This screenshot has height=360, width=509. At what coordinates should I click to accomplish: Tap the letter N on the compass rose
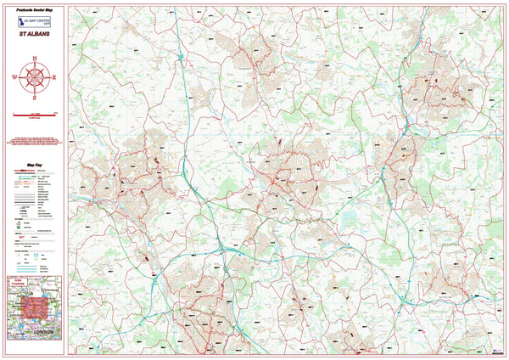coord(34,59)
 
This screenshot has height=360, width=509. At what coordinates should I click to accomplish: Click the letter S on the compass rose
coord(34,94)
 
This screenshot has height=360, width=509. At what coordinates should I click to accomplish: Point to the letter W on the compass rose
coord(16,76)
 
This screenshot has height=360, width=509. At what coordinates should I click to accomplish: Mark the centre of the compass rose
coord(34,76)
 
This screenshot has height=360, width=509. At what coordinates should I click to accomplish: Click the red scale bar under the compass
coord(34,114)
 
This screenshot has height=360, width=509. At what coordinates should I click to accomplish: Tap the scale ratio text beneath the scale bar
coord(34,119)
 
